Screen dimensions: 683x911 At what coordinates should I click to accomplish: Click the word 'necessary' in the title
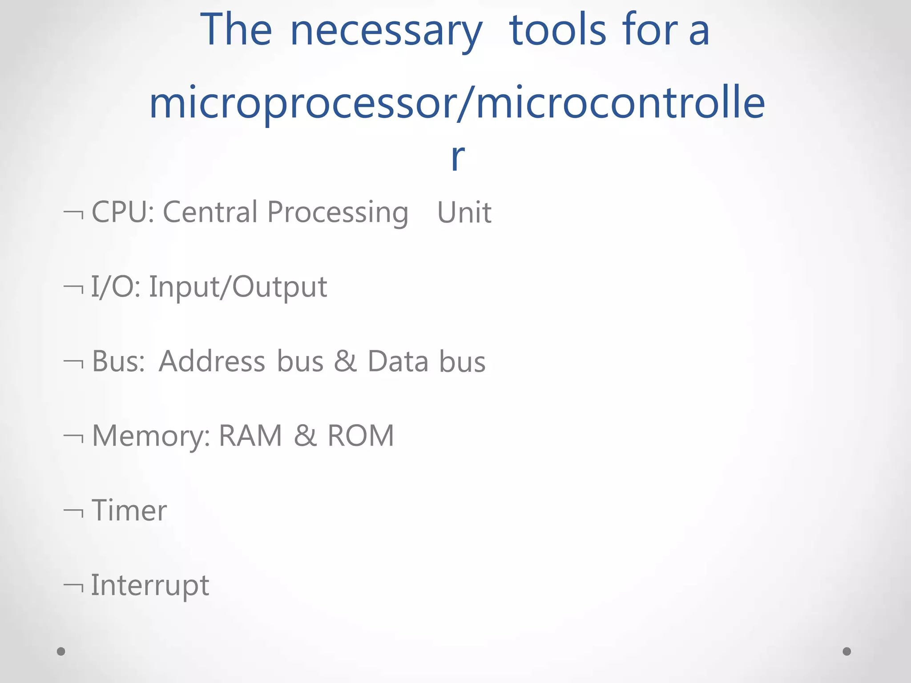[x=386, y=31]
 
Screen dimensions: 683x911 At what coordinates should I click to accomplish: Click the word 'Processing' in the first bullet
[x=338, y=213]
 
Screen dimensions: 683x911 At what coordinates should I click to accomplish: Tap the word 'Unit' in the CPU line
[x=464, y=213]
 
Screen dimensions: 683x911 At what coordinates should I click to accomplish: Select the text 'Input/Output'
[x=238, y=287]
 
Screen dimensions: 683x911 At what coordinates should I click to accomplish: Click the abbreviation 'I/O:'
[x=116, y=286]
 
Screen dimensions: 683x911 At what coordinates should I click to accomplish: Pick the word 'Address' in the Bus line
[x=212, y=361]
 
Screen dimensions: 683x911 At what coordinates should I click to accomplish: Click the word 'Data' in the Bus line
[x=398, y=361]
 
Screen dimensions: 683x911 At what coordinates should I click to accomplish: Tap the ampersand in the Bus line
[x=345, y=361]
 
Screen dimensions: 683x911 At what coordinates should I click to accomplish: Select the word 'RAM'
[x=250, y=435]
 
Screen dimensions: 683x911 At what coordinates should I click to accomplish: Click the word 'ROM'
[x=361, y=435]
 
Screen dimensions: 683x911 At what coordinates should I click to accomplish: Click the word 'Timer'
[x=129, y=510]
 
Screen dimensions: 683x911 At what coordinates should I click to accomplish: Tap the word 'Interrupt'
[x=150, y=586]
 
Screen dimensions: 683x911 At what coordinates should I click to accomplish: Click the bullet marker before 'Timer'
[x=74, y=512]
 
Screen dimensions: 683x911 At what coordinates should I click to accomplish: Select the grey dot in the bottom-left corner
[x=61, y=651]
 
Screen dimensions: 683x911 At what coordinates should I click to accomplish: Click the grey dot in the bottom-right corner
[x=847, y=651]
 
